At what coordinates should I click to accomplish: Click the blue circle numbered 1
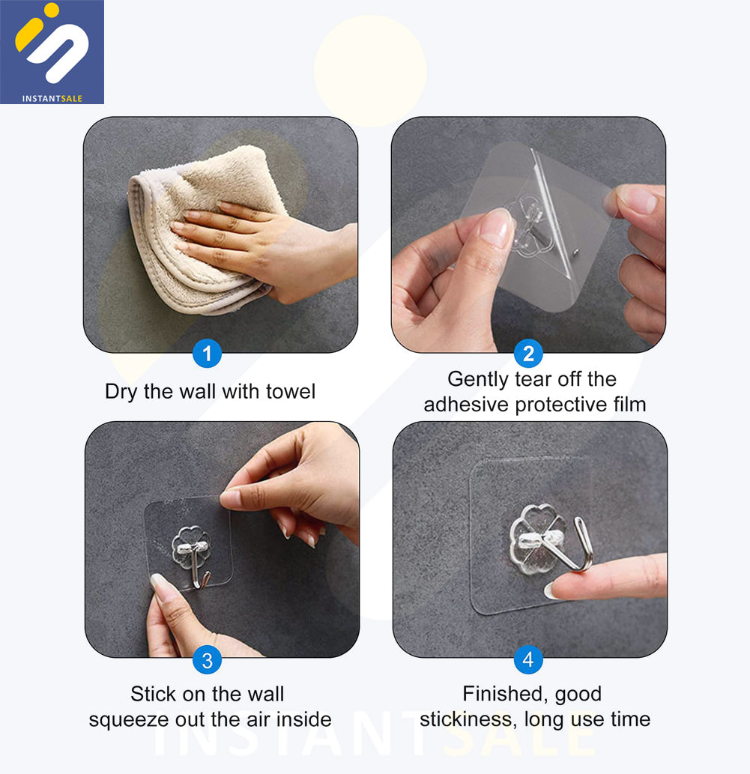click(207, 354)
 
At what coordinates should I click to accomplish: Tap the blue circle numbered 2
click(528, 354)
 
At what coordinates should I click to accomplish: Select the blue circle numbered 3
click(207, 660)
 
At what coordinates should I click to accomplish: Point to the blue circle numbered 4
click(528, 659)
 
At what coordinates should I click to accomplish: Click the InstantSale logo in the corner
click(52, 52)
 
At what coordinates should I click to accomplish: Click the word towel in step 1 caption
click(290, 391)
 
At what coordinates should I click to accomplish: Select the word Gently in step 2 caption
click(478, 380)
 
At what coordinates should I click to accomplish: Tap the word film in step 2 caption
click(629, 405)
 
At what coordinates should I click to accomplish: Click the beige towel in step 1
click(198, 229)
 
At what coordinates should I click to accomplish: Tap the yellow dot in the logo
click(52, 10)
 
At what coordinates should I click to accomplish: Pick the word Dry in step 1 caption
click(121, 392)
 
